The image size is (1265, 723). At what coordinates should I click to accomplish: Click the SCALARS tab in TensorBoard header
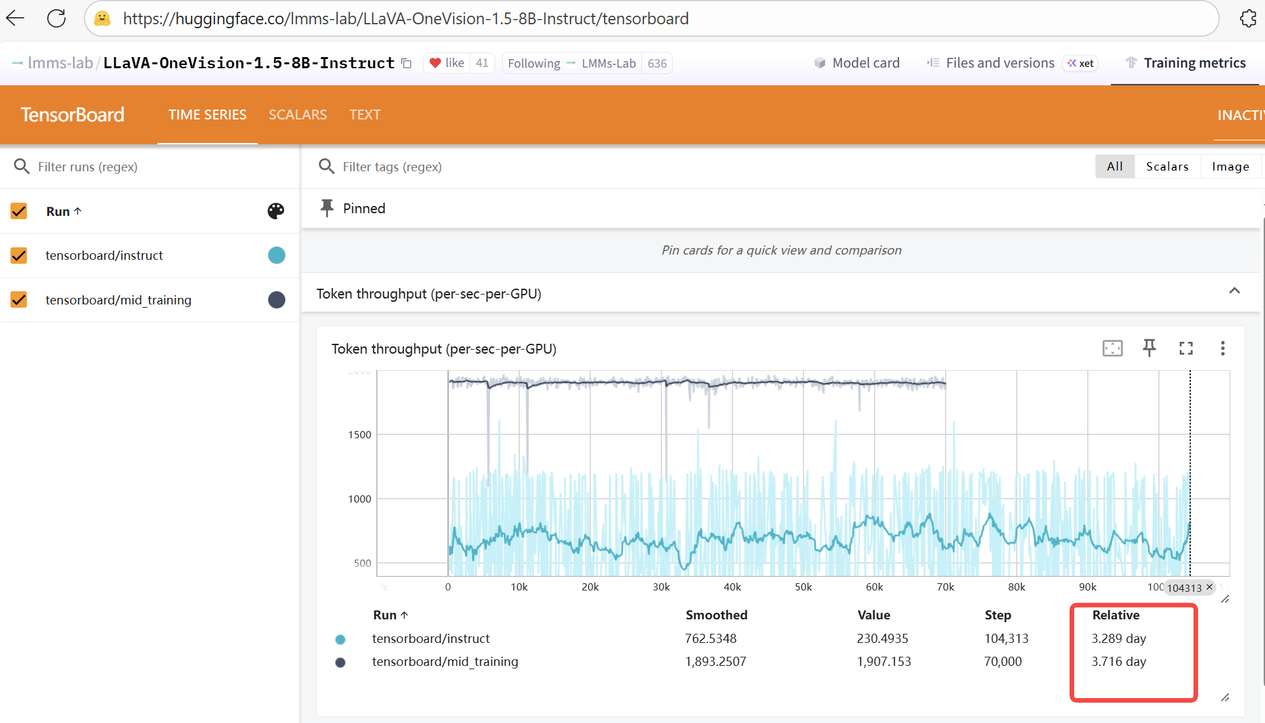pyautogui.click(x=297, y=115)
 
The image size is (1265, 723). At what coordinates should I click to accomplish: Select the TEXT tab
pyautogui.click(x=365, y=115)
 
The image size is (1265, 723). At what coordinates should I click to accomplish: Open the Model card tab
pyautogui.click(x=856, y=63)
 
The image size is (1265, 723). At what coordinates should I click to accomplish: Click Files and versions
pyautogui.click(x=990, y=63)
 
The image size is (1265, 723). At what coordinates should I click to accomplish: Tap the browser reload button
pyautogui.click(x=56, y=18)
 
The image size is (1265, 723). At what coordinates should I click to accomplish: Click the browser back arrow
pyautogui.click(x=15, y=18)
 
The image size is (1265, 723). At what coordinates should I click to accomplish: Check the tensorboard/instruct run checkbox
pyautogui.click(x=19, y=255)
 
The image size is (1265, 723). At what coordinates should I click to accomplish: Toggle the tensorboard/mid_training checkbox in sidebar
pyautogui.click(x=19, y=300)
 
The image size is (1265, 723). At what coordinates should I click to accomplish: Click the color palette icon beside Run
pyautogui.click(x=276, y=211)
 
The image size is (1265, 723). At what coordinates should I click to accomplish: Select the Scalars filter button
pyautogui.click(x=1167, y=167)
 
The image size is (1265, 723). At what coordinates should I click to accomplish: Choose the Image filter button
pyautogui.click(x=1230, y=167)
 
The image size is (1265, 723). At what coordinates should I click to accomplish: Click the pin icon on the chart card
pyautogui.click(x=1149, y=348)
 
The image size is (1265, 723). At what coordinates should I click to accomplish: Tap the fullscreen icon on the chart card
pyautogui.click(x=1186, y=348)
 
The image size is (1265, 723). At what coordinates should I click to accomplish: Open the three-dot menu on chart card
pyautogui.click(x=1222, y=348)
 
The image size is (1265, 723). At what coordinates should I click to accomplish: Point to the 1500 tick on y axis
pyautogui.click(x=359, y=434)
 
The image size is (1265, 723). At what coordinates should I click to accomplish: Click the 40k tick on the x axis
pyautogui.click(x=732, y=587)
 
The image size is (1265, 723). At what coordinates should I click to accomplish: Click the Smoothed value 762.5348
pyautogui.click(x=710, y=638)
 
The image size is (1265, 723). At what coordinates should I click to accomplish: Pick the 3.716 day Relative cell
pyautogui.click(x=1118, y=661)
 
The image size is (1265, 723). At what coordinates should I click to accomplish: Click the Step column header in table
pyautogui.click(x=997, y=615)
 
